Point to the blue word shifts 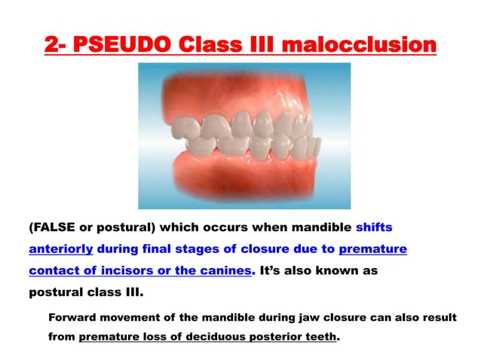[x=373, y=227]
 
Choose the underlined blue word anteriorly [x=60, y=249]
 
